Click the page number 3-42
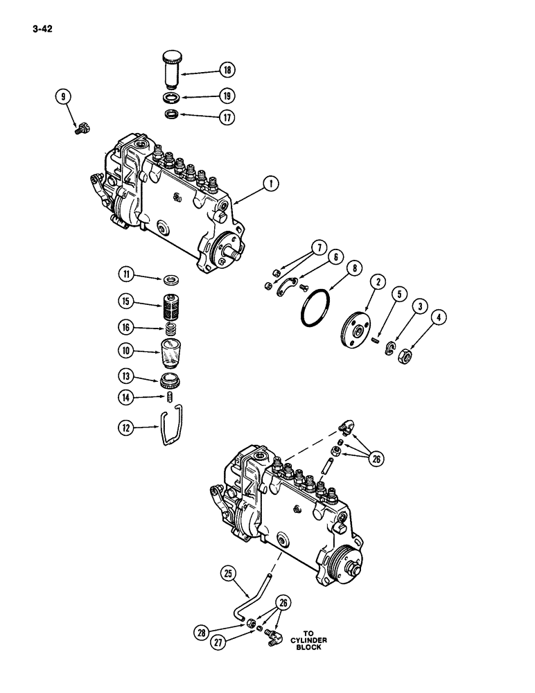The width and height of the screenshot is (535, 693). click(x=40, y=29)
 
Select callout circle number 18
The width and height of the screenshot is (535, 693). click(x=227, y=69)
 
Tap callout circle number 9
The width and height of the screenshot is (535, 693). click(x=64, y=98)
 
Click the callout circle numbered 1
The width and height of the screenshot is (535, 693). click(x=271, y=184)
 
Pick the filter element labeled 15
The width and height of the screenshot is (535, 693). click(x=170, y=303)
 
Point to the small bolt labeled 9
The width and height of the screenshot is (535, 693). click(x=78, y=127)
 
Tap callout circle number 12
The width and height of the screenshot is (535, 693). click(x=126, y=430)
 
